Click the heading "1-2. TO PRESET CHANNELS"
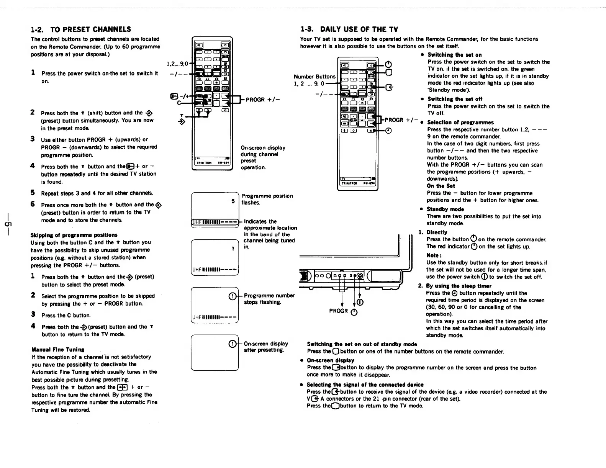coord(81,29)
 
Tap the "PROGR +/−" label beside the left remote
coord(262,100)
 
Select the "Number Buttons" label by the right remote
coord(314,77)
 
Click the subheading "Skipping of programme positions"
coord(74,235)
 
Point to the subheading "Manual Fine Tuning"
coord(58,349)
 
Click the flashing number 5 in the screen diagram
coord(233,201)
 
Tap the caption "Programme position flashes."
coord(267,199)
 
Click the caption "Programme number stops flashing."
coord(269,299)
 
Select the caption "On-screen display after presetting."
coord(266,347)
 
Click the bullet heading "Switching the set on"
coord(454,55)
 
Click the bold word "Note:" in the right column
coord(434,255)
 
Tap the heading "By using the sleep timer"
coord(459,286)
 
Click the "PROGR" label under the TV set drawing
coord(339,311)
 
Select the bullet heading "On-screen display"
coord(330,360)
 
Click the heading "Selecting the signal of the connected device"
coord(365,385)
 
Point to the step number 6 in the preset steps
coord(33,204)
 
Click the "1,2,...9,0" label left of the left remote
coord(177,64)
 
